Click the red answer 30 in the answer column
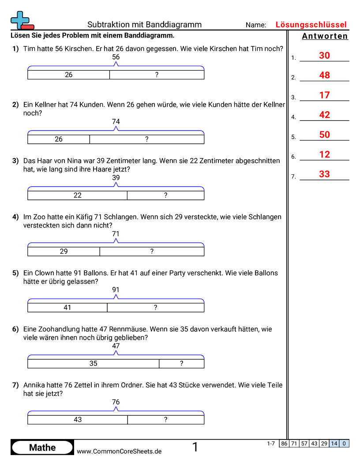pyautogui.click(x=324, y=56)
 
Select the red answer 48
pyautogui.click(x=324, y=75)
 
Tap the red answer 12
pyautogui.click(x=324, y=154)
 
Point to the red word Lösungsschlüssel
pyautogui.click(x=311, y=25)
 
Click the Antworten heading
pyautogui.click(x=325, y=36)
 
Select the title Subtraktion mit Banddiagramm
pyautogui.click(x=144, y=25)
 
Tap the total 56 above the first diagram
pyautogui.click(x=116, y=57)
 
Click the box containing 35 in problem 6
pyautogui.click(x=93, y=364)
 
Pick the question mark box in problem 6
pyautogui.click(x=181, y=364)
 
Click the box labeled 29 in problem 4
pyautogui.click(x=64, y=252)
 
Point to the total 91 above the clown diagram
pyautogui.click(x=116, y=290)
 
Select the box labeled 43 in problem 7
pyautogui.click(x=78, y=420)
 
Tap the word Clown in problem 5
pyautogui.click(x=45, y=273)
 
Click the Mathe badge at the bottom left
pyautogui.click(x=42, y=447)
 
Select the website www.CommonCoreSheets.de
pyautogui.click(x=119, y=451)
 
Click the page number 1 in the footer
pyautogui.click(x=195, y=447)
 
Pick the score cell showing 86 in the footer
pyautogui.click(x=284, y=443)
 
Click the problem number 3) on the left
pyautogui.click(x=15, y=161)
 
